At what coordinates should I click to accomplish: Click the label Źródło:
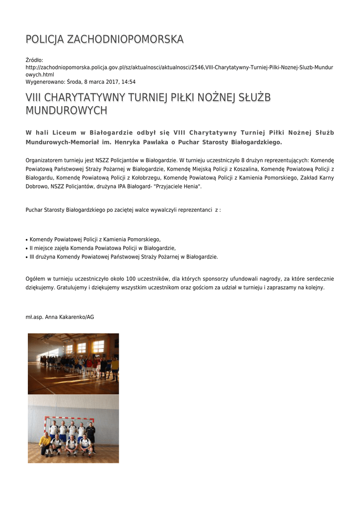point(34,60)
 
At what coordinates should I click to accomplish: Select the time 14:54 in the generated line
point(129,82)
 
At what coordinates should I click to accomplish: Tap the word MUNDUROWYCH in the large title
point(66,110)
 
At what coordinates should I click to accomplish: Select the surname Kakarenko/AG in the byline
point(76,317)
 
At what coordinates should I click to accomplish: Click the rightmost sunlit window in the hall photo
point(98,346)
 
